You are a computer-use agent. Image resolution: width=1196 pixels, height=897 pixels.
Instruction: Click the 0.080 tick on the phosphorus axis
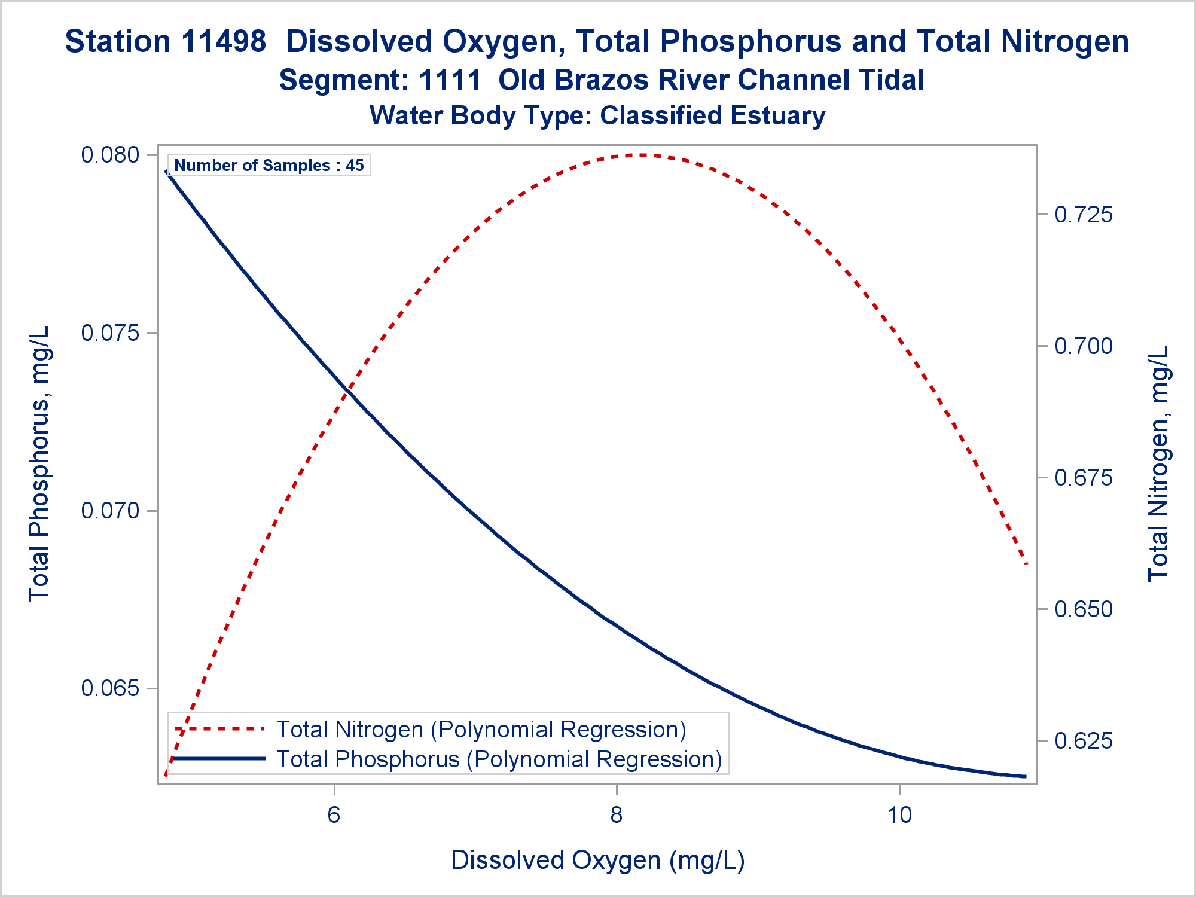click(x=110, y=155)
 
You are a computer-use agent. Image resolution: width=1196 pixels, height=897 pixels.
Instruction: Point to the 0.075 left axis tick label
click(x=110, y=332)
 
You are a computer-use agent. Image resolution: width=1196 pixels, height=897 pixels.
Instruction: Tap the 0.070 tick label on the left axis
click(x=110, y=511)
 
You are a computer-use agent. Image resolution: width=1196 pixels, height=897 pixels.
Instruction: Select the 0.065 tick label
click(x=110, y=688)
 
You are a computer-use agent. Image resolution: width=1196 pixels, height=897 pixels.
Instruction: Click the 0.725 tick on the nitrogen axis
click(x=1084, y=214)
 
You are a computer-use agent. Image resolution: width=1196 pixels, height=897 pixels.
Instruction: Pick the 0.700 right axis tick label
click(x=1084, y=346)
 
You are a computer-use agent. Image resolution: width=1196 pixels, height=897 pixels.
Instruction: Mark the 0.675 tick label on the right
click(x=1084, y=477)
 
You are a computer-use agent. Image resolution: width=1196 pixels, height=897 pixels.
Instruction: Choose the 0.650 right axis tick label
click(x=1084, y=609)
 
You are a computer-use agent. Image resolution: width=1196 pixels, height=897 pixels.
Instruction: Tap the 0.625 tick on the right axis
click(x=1084, y=740)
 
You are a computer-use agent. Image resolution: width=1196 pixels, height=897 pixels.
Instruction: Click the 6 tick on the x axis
click(x=334, y=814)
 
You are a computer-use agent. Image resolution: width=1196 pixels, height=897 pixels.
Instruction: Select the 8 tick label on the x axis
click(x=617, y=814)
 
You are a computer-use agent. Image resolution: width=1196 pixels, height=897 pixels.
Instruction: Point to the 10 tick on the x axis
click(x=899, y=814)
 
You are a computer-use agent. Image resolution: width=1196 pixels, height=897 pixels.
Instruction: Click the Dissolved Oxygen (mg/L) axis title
click(x=597, y=860)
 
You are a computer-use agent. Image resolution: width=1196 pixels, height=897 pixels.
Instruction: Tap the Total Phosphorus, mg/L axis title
click(x=39, y=463)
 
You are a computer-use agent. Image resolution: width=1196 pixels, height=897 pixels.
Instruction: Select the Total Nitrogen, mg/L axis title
click(x=1158, y=463)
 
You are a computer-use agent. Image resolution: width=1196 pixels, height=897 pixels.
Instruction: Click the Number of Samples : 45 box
click(x=269, y=165)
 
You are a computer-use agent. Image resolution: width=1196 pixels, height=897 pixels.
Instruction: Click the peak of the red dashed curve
click(x=641, y=155)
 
